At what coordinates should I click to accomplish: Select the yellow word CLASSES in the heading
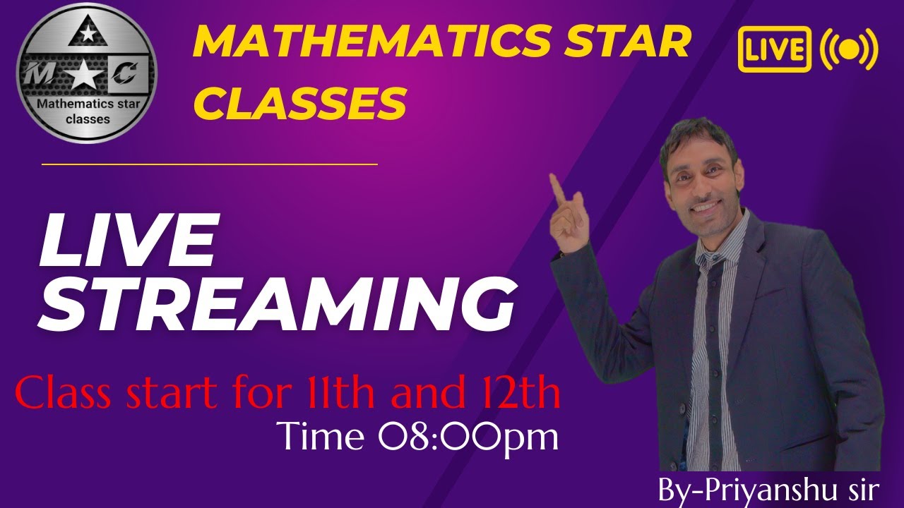300,103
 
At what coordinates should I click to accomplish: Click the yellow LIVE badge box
774,50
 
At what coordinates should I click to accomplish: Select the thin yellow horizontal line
210,164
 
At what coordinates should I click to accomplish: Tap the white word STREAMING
275,305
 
